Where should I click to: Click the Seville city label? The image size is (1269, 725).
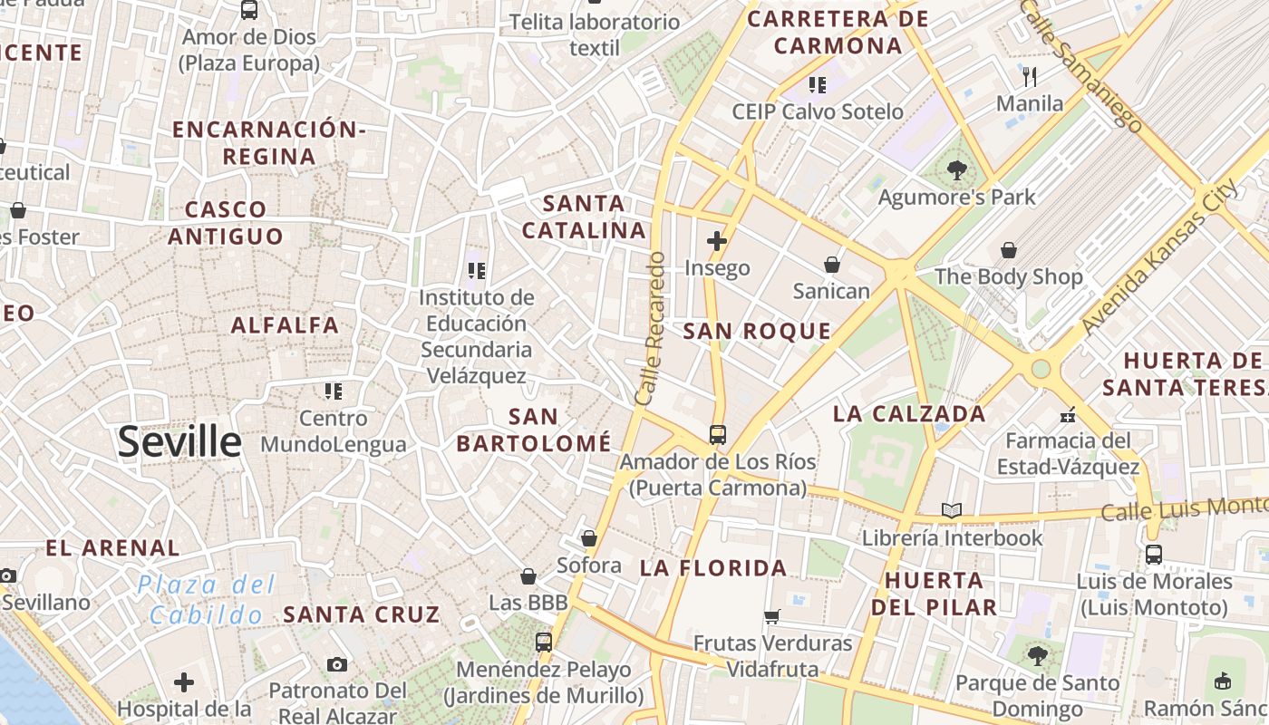click(179, 442)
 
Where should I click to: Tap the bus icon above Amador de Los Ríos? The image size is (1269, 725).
click(717, 435)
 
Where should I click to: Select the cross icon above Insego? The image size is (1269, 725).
click(717, 241)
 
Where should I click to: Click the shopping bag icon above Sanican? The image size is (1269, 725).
click(831, 265)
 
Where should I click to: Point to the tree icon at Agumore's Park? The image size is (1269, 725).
click(956, 169)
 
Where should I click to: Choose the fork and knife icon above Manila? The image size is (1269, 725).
click(1029, 76)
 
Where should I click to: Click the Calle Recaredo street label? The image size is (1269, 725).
click(652, 328)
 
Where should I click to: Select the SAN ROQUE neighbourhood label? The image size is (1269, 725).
click(757, 332)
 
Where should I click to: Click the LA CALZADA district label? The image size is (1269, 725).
click(909, 414)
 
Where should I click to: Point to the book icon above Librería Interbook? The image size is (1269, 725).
click(951, 511)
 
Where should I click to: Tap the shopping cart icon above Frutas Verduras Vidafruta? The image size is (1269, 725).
click(771, 617)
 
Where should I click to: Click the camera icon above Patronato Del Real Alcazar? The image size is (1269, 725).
click(337, 664)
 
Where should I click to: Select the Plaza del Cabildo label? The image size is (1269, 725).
click(206, 600)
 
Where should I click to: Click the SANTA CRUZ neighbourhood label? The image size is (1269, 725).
click(362, 614)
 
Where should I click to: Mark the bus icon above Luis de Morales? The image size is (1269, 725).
click(1153, 555)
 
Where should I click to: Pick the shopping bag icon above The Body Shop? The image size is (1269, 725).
click(1008, 250)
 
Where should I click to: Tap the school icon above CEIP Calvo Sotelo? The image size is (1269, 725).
click(818, 85)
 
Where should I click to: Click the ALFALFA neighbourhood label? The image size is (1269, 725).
click(285, 325)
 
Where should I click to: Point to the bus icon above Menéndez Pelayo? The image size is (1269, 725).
click(543, 643)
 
